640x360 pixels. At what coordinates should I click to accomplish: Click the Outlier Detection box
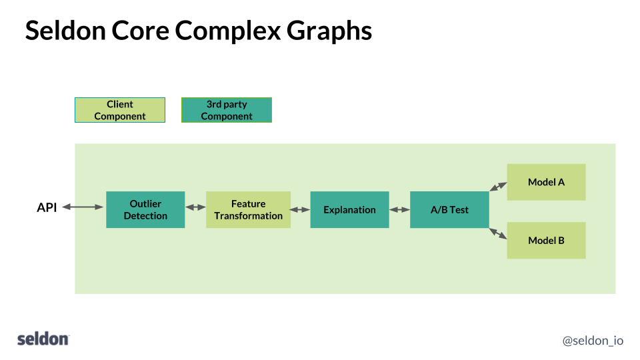point(145,209)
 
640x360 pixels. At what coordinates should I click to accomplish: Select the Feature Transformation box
point(248,209)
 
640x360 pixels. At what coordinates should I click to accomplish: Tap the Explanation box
point(349,209)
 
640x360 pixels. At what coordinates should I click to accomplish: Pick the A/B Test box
point(449,209)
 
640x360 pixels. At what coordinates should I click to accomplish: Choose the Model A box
point(546,182)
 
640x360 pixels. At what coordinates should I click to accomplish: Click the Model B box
point(546,240)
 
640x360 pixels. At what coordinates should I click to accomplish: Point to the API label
point(47,208)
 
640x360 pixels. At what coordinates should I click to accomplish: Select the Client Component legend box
point(120,110)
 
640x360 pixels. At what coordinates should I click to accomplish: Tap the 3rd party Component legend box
point(227,110)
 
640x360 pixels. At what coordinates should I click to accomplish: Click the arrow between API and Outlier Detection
point(83,208)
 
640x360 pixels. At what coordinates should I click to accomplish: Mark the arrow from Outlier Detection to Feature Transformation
point(195,208)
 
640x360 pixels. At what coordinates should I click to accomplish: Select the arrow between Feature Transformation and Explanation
point(300,209)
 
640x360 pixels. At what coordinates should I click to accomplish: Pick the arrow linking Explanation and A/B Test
point(399,209)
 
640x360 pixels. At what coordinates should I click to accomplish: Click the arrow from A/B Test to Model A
point(497,187)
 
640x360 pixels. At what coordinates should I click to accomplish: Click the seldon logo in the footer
point(43,339)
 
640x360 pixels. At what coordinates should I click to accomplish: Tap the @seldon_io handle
point(593,340)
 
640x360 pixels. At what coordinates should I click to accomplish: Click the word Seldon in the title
point(65,31)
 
